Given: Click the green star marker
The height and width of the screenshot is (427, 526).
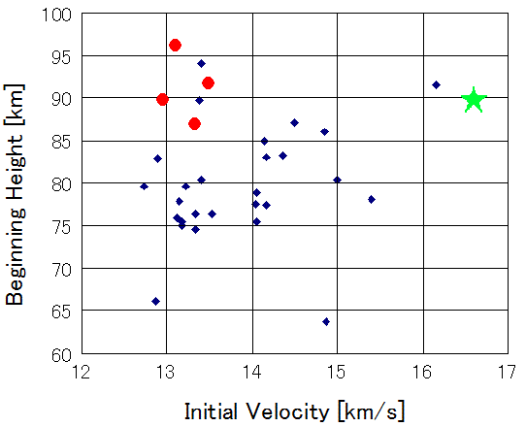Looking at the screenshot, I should [x=474, y=100].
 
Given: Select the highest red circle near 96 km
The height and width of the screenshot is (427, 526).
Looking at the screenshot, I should [x=175, y=46].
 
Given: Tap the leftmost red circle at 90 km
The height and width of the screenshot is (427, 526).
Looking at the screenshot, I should [x=162, y=99].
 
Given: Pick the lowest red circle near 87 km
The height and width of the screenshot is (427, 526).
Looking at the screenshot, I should [x=194, y=123].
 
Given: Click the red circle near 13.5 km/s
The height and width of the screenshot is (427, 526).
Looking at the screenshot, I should [x=208, y=83].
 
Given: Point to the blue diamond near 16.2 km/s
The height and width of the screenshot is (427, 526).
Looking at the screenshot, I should [x=436, y=85].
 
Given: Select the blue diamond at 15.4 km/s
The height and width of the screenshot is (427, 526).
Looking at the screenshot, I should [x=371, y=199].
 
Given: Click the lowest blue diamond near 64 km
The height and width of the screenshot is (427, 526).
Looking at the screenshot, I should [x=326, y=321].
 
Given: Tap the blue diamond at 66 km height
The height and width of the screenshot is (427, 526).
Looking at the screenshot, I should [x=155, y=301].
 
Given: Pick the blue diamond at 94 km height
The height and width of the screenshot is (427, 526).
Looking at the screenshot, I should [x=201, y=63].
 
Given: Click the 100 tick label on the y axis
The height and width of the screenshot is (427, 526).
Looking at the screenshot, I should [x=57, y=15].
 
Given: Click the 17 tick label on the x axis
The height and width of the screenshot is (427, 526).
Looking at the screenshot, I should [x=508, y=372].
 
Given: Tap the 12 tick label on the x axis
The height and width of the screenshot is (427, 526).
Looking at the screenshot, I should [x=82, y=372].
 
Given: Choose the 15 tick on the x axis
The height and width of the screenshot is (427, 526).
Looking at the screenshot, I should [x=337, y=372].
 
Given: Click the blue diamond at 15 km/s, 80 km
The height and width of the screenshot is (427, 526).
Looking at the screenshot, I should [x=337, y=180].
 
